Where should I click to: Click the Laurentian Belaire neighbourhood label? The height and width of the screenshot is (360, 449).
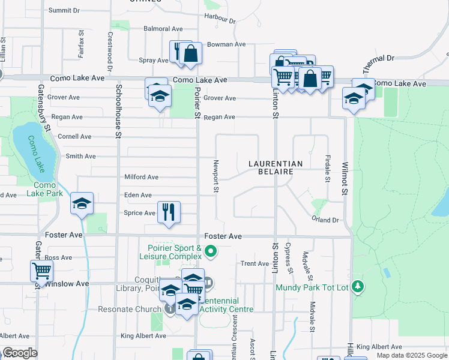276,167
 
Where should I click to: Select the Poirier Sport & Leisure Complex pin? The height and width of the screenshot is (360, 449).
210,251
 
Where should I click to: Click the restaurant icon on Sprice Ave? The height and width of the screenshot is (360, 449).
169,212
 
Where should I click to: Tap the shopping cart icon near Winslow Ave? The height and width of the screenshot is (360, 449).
41,270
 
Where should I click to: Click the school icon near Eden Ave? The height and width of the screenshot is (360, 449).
82,204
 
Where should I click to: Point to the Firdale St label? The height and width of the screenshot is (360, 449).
327,168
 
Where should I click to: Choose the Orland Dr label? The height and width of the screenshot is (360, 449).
325,220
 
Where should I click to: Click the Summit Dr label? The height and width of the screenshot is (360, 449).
64,11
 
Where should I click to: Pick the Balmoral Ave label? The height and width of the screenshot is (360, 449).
163,29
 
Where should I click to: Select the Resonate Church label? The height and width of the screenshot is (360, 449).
131,309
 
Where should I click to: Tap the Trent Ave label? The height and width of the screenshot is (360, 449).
255,263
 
